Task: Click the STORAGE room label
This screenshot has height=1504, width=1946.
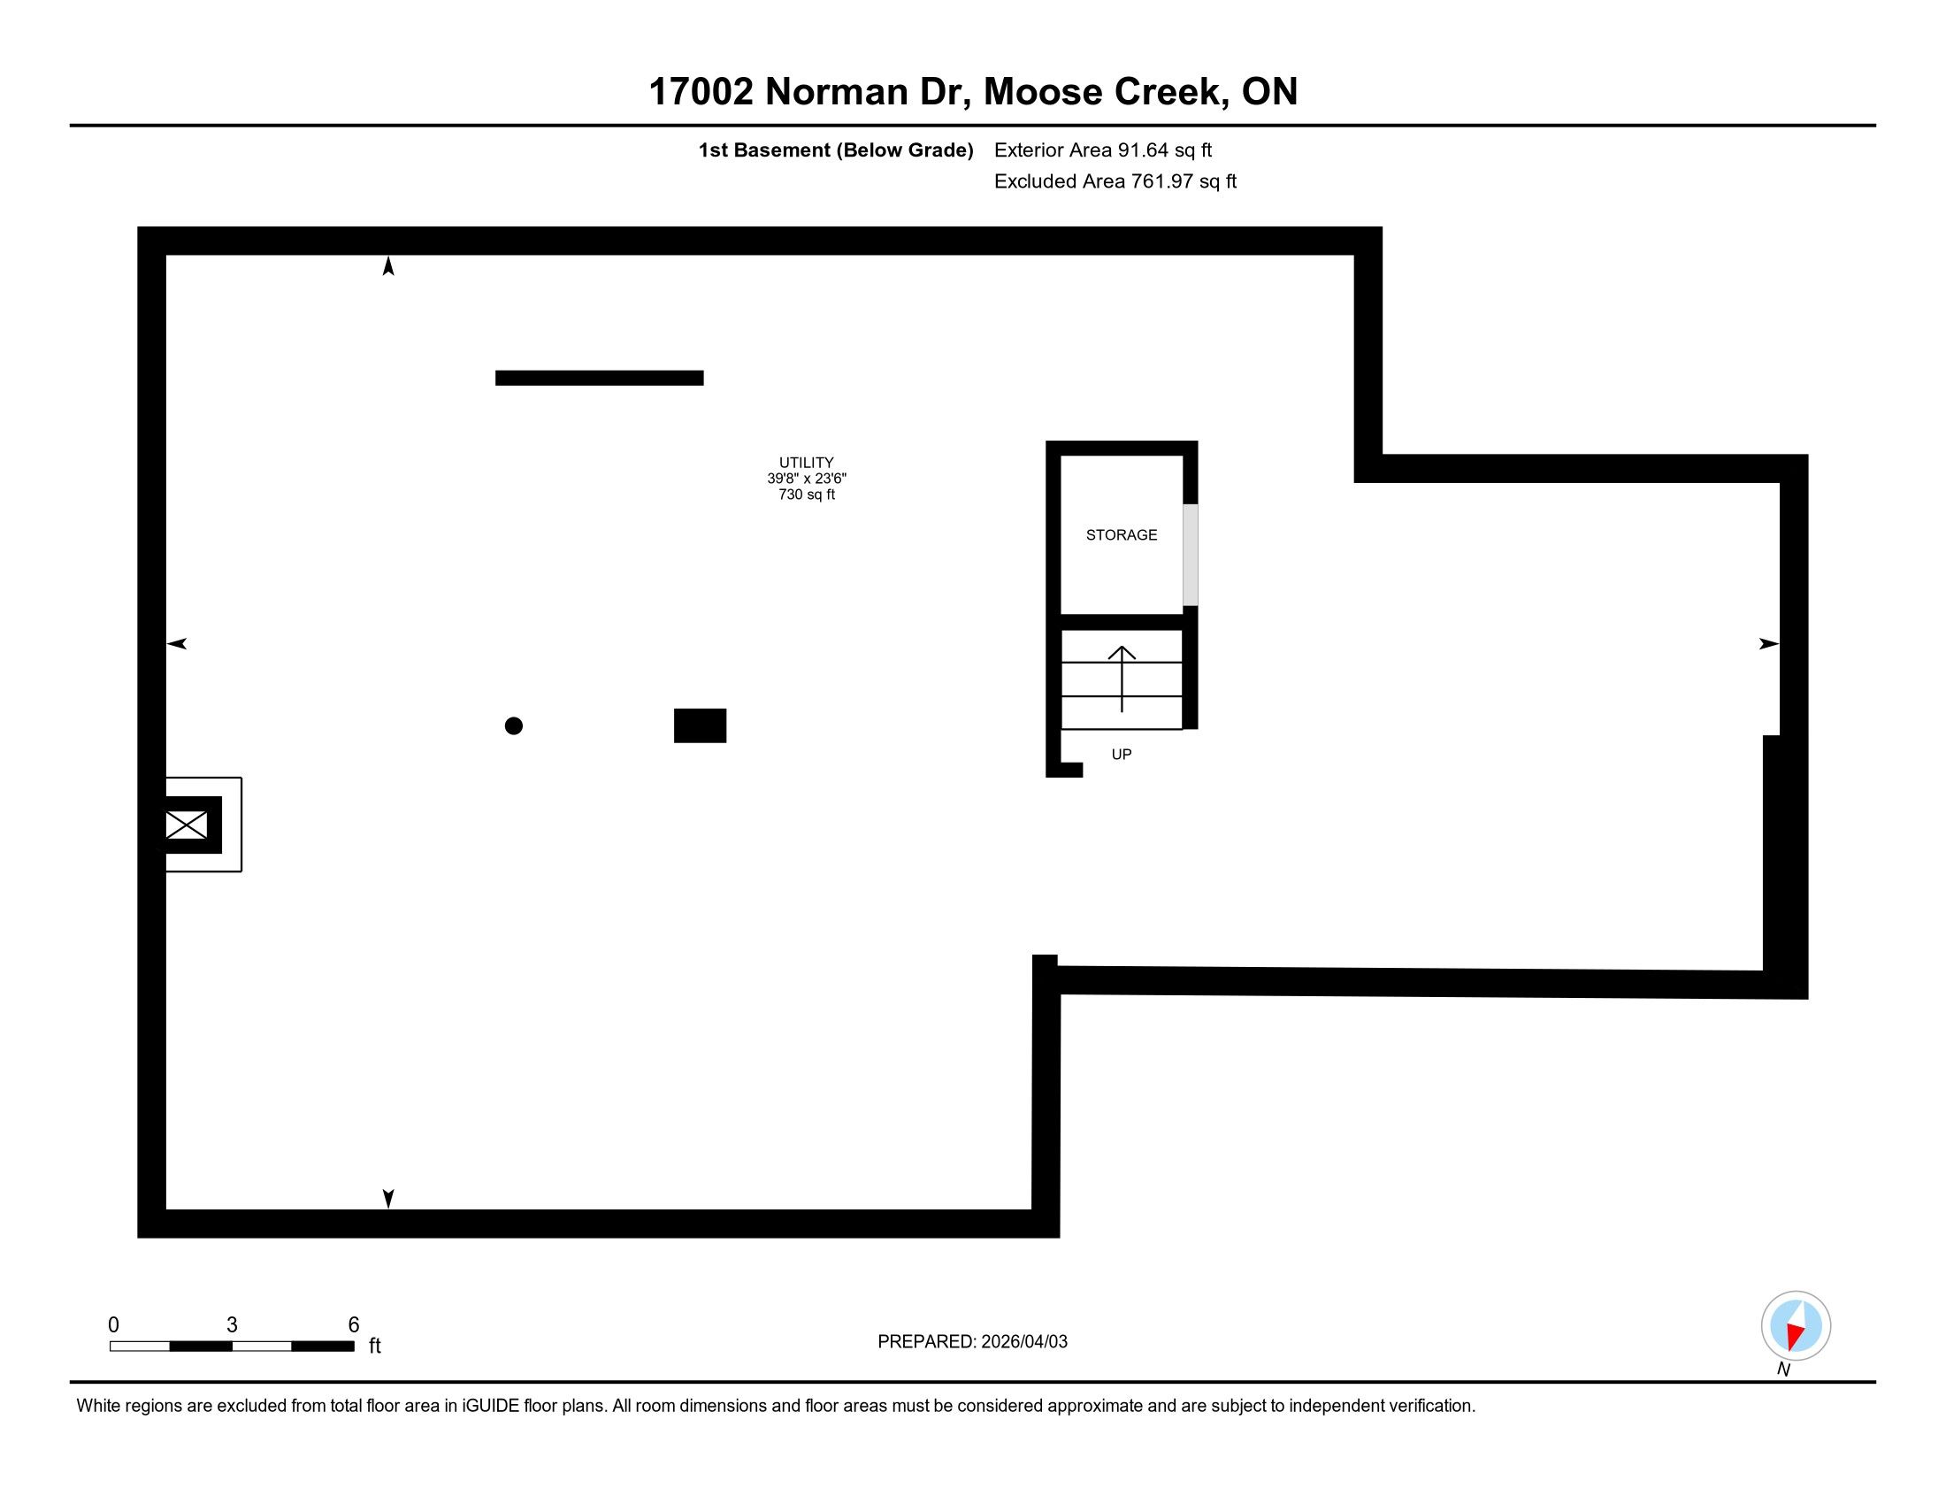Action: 1121,534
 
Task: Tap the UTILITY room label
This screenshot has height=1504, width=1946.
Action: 807,463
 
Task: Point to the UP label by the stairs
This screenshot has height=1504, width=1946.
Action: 1121,755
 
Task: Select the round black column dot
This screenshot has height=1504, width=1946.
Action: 513,726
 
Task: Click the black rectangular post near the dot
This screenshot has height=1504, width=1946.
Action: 700,725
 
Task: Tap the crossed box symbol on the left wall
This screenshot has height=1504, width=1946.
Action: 187,825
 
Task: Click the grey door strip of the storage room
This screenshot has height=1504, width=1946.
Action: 1190,555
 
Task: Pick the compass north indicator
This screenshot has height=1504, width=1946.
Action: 1796,1327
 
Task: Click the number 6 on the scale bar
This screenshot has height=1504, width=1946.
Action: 354,1325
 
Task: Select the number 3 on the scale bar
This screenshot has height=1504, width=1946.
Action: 232,1325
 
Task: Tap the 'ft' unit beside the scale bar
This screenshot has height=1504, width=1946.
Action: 375,1347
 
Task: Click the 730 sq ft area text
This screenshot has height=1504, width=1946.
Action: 807,495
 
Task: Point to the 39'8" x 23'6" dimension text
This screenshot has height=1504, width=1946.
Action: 807,479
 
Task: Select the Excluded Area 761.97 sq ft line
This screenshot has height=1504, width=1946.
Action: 1115,181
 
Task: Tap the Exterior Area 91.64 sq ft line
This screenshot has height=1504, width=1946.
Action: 1102,150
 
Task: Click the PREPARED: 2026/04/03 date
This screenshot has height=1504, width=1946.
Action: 972,1342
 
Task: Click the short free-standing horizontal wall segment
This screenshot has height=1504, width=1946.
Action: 599,378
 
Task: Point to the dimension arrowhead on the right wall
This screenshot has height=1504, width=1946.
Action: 1768,644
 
